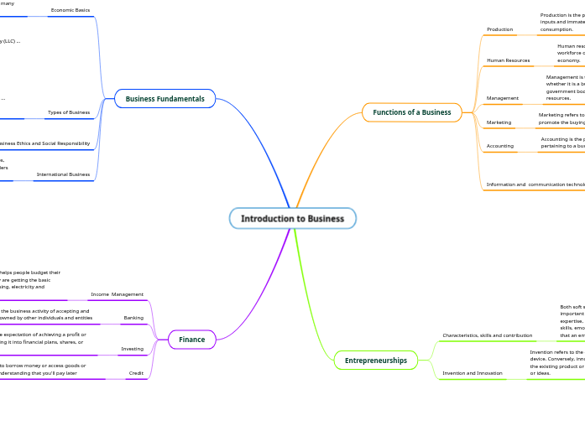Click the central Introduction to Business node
click(292, 219)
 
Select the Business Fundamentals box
click(165, 99)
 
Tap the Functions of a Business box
click(411, 112)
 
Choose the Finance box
click(191, 340)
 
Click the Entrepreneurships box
click(375, 361)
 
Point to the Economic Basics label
click(70, 10)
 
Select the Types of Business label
click(69, 112)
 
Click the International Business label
click(63, 174)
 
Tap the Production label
click(499, 29)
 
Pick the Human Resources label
click(508, 60)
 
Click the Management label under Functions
click(502, 98)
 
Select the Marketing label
click(499, 122)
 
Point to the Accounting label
click(499, 146)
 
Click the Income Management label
click(117, 294)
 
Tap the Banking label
click(133, 318)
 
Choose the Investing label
click(132, 349)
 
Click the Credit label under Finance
click(136, 373)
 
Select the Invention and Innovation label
click(473, 373)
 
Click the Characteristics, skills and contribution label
click(487, 335)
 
